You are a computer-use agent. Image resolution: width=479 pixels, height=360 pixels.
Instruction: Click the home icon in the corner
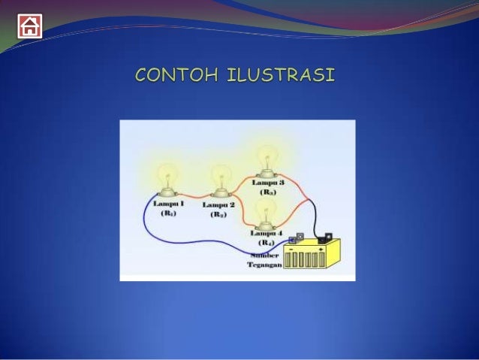pos(30,26)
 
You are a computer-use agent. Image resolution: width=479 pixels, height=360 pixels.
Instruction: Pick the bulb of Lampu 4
pos(264,212)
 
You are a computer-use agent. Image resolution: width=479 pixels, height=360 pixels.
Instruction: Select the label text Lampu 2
pos(218,204)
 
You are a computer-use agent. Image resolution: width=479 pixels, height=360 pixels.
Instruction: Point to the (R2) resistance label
pos(218,214)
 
